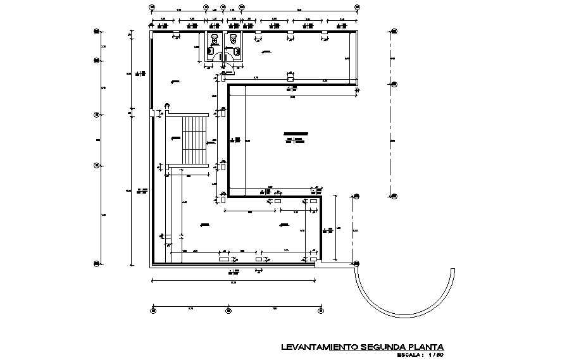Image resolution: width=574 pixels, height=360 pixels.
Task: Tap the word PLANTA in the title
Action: [x=427, y=347]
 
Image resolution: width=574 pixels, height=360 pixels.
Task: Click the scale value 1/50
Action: [x=435, y=354]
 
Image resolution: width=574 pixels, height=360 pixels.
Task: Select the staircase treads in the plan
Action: [x=195, y=140]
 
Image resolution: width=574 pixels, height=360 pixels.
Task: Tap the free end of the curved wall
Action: [x=453, y=268]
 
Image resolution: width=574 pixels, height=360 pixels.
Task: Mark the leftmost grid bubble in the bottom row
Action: [x=153, y=309]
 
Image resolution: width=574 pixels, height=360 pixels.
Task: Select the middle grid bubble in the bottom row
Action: [x=225, y=309]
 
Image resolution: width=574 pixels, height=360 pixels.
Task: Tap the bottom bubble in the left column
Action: [x=96, y=263]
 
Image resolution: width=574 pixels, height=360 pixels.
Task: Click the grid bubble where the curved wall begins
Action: [x=356, y=263]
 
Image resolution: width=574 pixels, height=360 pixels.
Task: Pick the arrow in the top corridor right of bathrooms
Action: [x=266, y=51]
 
